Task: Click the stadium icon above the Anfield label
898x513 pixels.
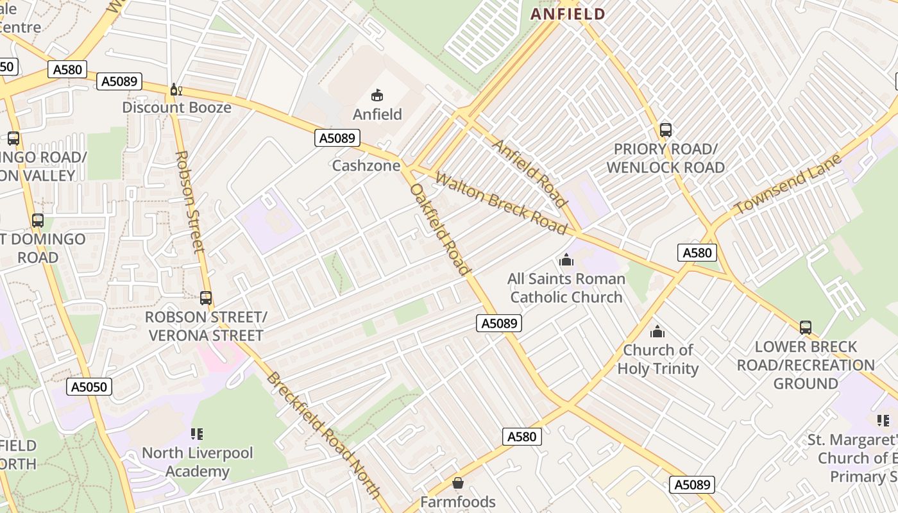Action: click(378, 96)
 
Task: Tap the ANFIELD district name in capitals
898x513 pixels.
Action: click(568, 14)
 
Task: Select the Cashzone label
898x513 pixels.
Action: click(366, 165)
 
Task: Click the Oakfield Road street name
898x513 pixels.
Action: click(441, 230)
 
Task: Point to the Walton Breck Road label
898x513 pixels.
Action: click(501, 203)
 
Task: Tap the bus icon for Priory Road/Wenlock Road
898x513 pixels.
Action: click(666, 130)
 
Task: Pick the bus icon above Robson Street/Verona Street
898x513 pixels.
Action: click(206, 298)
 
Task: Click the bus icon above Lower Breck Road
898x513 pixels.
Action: click(806, 328)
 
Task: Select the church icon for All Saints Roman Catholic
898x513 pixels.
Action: click(566, 260)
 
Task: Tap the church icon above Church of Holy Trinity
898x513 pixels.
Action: click(657, 332)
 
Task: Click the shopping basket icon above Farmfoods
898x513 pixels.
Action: click(458, 482)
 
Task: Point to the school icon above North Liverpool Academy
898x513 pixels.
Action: click(197, 434)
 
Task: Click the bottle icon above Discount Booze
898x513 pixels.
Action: click(176, 90)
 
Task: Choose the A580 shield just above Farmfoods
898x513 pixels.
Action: click(521, 437)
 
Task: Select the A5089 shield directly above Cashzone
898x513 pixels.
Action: click(337, 137)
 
